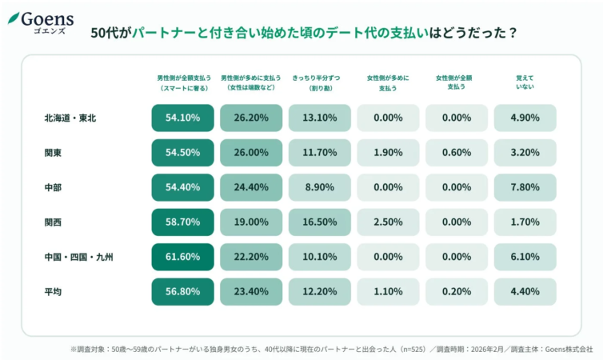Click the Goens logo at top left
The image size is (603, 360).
(x=42, y=21)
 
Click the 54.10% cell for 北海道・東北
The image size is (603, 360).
(x=182, y=118)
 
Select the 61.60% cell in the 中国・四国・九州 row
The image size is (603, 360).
(x=182, y=257)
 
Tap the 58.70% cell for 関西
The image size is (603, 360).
(x=182, y=222)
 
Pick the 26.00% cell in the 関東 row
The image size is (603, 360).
(x=251, y=153)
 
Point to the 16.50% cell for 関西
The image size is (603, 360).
(x=319, y=222)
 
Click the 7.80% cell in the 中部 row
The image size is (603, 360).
(x=525, y=187)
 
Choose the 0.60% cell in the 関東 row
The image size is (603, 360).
(x=456, y=153)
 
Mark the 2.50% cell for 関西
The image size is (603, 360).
(x=388, y=222)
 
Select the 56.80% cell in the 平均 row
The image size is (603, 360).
(x=182, y=292)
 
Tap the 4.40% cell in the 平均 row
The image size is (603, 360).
(x=525, y=292)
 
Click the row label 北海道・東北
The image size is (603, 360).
(x=70, y=118)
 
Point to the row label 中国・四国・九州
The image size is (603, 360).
(x=79, y=258)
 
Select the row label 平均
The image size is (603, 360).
(x=54, y=292)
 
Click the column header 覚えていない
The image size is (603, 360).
(x=525, y=82)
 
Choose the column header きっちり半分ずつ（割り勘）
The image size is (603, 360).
(x=319, y=82)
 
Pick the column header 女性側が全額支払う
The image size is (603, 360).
(x=456, y=82)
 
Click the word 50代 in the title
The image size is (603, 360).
(x=105, y=34)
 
